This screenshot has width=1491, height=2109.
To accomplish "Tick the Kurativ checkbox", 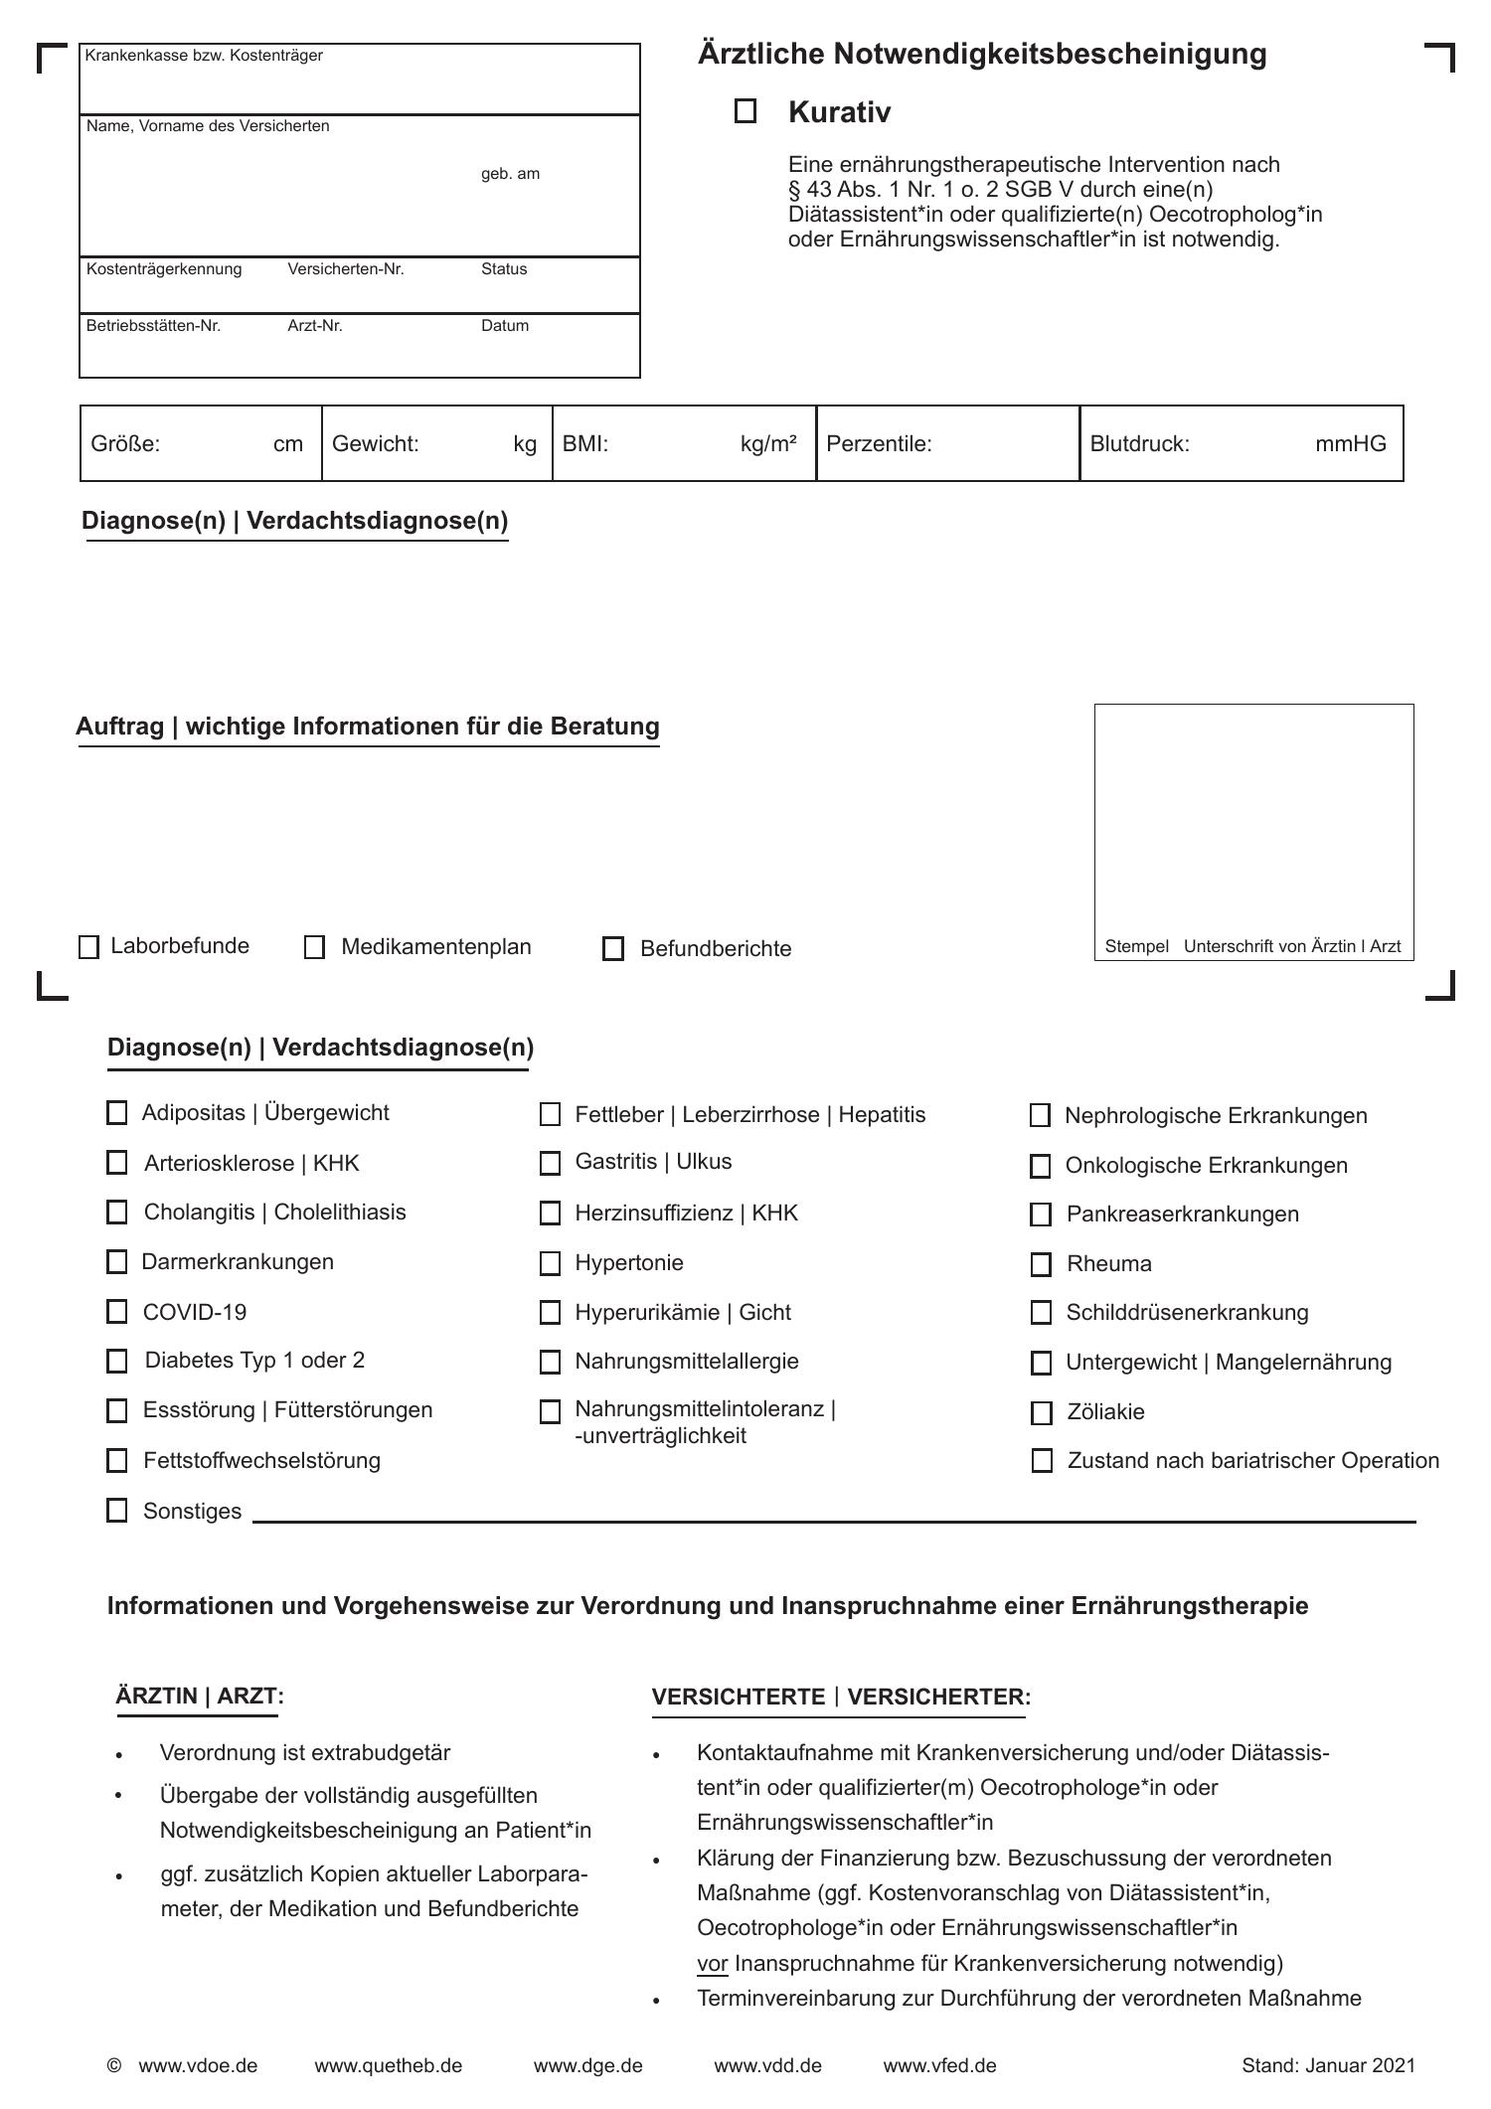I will coord(745,111).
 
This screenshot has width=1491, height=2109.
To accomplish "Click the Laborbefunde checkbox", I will coord(89,947).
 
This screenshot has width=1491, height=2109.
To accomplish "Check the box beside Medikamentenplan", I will coord(315,947).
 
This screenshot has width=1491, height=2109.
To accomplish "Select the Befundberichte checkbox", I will coord(613,949).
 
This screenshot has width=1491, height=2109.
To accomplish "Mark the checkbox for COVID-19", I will coord(117,1312).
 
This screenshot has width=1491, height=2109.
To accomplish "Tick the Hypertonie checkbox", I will coord(550,1263).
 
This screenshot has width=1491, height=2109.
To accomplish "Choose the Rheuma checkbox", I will coord(1041,1264).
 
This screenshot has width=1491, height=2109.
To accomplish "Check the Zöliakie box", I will coord(1042,1412).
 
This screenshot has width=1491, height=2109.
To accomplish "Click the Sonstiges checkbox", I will coord(117,1511).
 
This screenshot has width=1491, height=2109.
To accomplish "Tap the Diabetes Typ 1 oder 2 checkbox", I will coord(117,1361).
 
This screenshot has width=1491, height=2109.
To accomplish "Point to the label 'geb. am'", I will coord(510,174).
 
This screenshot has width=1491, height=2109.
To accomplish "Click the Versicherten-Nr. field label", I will coord(346,269).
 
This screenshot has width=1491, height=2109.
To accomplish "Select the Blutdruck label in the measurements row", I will coord(1139,444).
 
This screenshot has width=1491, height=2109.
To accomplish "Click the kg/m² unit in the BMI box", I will coord(768,444).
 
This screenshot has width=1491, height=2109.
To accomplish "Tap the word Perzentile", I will coord(879,444).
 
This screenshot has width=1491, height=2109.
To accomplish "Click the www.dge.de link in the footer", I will coord(587,2065).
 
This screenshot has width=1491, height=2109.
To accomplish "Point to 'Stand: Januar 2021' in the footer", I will coord(1328,2065).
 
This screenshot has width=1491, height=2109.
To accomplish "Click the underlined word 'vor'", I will coord(713,1963).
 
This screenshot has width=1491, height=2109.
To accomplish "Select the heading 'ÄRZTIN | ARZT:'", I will coord(200,1696).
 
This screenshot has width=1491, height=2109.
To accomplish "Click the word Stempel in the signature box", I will coord(1136,946).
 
